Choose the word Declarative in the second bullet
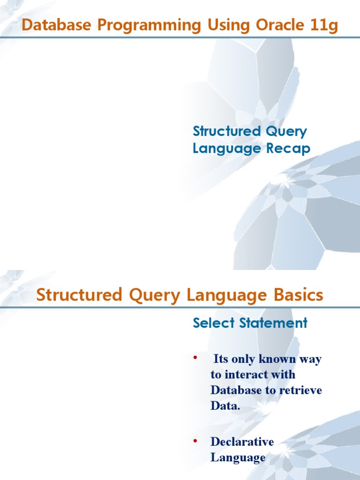(242, 442)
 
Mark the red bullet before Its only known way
(195, 359)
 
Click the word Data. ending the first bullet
(225, 406)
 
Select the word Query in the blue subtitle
(286, 131)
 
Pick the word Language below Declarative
(238, 457)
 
